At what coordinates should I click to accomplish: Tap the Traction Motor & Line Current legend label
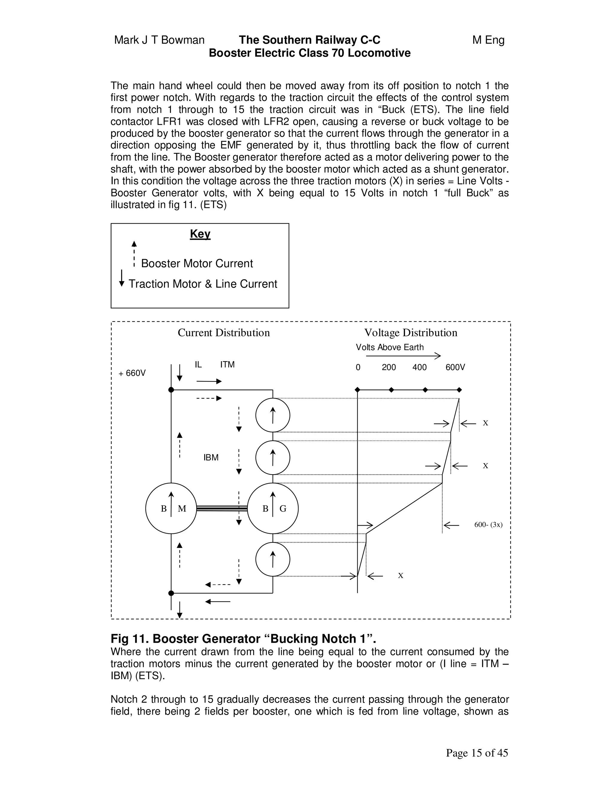[x=203, y=284]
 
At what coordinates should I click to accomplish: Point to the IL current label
[x=198, y=364]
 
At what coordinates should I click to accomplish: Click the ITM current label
[x=227, y=364]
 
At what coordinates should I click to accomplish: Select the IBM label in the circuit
[x=211, y=458]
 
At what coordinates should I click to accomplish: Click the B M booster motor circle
[x=171, y=508]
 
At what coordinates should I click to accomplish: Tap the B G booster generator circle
[x=273, y=508]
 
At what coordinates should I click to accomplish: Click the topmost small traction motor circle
[x=273, y=415]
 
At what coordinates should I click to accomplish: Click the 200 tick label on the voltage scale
[x=389, y=367]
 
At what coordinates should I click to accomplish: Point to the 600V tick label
[x=455, y=367]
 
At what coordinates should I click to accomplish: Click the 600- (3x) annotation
[x=488, y=525]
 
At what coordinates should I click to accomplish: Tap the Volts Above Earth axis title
[x=390, y=347]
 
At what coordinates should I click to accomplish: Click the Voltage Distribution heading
[x=411, y=332]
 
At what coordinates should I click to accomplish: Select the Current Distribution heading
[x=224, y=332]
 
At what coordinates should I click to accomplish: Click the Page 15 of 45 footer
[x=477, y=753]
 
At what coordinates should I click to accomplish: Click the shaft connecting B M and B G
[x=221, y=508]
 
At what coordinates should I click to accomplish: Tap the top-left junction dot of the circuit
[x=171, y=390]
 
